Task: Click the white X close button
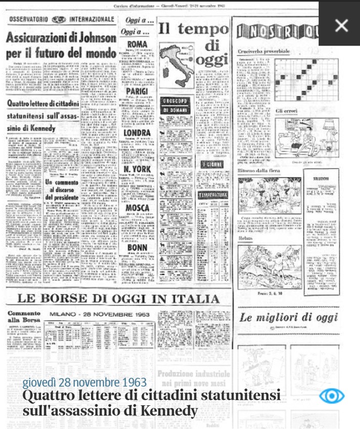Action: point(341,25)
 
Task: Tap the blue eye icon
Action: point(332,396)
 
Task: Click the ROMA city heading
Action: point(137,45)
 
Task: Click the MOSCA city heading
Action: point(137,208)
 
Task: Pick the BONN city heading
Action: point(137,248)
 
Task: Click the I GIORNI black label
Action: point(212,164)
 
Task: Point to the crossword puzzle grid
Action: point(306,79)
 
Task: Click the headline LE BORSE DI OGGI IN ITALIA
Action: point(118,298)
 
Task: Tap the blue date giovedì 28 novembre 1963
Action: point(84,383)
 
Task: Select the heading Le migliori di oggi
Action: point(288,318)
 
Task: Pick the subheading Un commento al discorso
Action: point(62,189)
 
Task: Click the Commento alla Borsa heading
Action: point(24,316)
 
